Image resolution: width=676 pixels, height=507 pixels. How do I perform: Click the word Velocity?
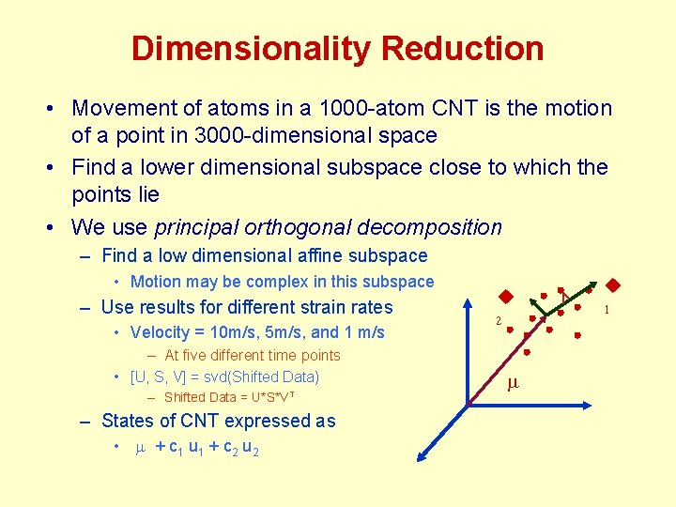(x=160, y=331)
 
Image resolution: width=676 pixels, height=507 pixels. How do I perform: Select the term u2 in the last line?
(x=250, y=448)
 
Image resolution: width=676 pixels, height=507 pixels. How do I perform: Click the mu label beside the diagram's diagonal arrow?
(x=513, y=383)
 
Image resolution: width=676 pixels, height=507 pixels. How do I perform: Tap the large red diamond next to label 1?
(x=614, y=285)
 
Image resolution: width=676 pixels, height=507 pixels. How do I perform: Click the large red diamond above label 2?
(x=504, y=298)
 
